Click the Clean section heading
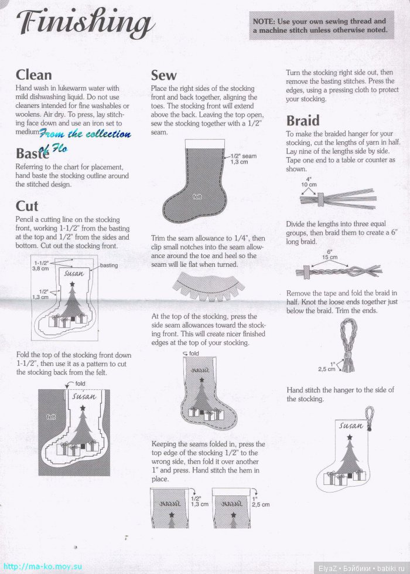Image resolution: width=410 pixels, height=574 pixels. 33,75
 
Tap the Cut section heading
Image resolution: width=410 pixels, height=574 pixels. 27,206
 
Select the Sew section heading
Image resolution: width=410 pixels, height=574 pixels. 163,75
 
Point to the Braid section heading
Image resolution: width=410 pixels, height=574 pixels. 303,120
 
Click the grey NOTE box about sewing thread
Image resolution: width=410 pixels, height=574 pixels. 322,25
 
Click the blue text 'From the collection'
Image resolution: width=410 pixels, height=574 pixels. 84,134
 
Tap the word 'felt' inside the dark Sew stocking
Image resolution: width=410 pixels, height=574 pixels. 197,197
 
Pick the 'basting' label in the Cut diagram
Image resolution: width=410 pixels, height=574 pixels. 109,266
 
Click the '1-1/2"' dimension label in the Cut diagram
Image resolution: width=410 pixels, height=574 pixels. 42,263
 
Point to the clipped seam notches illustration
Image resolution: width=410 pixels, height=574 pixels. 209,286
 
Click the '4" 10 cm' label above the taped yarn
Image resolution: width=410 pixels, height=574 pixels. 309,182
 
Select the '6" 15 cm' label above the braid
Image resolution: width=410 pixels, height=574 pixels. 330,254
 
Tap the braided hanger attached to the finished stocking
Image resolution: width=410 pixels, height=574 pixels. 370,418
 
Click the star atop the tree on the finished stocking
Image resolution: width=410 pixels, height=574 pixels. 350,437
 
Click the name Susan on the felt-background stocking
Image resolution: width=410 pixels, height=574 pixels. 84,396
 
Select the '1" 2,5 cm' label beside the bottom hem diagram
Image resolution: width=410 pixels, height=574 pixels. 261,501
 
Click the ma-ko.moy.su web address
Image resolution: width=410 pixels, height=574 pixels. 42,566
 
